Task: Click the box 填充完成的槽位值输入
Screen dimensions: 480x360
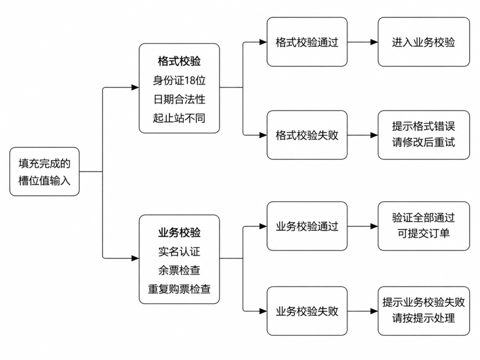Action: click(44, 172)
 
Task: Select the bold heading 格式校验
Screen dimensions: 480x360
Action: click(179, 61)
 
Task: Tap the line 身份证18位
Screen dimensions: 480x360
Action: click(179, 80)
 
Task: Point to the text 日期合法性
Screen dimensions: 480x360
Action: click(179, 99)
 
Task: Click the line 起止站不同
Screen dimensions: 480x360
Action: click(179, 118)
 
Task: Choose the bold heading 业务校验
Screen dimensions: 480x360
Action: click(179, 232)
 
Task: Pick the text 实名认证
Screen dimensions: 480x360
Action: click(179, 252)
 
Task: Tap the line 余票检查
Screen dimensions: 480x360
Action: click(179, 270)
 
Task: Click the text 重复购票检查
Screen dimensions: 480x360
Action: click(179, 289)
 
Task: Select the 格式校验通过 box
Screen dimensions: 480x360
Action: click(307, 42)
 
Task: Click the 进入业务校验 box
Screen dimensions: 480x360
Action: click(424, 42)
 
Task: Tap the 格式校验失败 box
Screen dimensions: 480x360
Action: click(307, 135)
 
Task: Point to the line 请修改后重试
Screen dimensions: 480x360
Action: click(424, 142)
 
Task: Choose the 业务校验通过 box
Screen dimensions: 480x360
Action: click(307, 226)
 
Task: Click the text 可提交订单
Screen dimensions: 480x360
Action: click(424, 234)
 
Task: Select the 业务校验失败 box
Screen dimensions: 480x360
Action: click(307, 311)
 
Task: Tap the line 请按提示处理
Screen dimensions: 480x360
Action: click(424, 318)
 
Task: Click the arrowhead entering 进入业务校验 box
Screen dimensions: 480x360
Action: click(374, 42)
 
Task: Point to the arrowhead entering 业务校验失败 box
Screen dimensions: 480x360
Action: click(263, 311)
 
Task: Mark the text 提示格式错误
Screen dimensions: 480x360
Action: click(424, 126)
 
